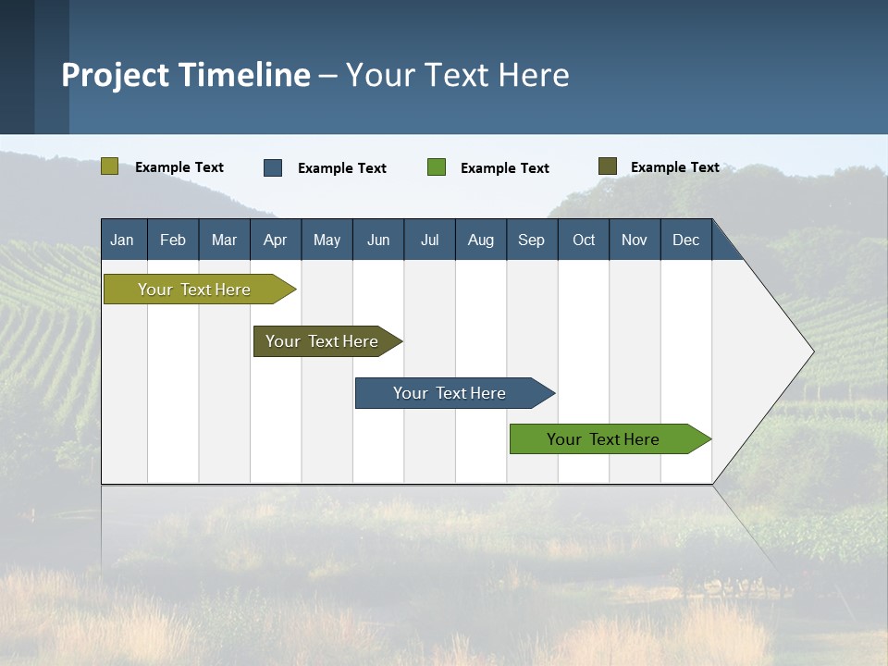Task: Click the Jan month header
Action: point(122,240)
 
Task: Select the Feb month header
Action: point(173,240)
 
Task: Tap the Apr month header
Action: point(275,240)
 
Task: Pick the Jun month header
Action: point(378,240)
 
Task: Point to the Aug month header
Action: point(480,240)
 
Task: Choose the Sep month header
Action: point(531,240)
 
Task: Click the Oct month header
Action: point(584,240)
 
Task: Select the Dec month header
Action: point(685,240)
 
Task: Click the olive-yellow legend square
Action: point(109,166)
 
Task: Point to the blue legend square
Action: point(273,167)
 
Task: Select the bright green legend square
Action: point(437,167)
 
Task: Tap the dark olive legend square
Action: point(608,166)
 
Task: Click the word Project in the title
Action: point(115,75)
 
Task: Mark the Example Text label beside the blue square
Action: point(341,168)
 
